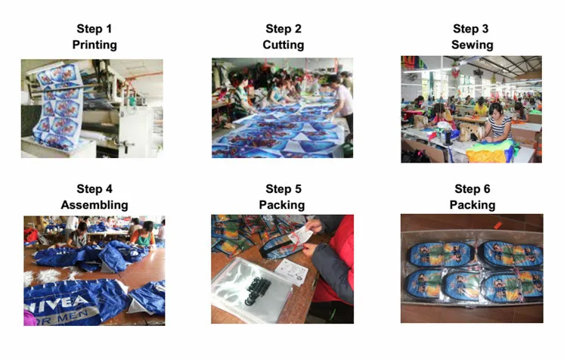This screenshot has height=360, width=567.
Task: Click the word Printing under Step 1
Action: [x=94, y=45]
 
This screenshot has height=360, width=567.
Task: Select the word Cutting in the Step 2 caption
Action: [x=283, y=45]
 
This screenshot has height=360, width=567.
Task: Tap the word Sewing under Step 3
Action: [x=472, y=45]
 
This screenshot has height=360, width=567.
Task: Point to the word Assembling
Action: [x=94, y=205]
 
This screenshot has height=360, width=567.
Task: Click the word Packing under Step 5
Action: [x=282, y=205]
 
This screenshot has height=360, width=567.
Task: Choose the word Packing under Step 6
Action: [x=472, y=205]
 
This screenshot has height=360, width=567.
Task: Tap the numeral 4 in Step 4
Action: [x=109, y=189]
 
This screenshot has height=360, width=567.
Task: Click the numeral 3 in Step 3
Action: [x=485, y=29]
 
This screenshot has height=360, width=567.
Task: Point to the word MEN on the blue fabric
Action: [x=73, y=317]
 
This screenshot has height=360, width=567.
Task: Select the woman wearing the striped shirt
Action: [x=498, y=124]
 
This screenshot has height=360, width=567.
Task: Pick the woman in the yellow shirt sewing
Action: [x=481, y=107]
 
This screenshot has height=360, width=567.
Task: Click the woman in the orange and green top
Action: [x=144, y=234]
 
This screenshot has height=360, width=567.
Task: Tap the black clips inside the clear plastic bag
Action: [x=258, y=290]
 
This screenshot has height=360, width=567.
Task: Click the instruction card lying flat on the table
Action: [x=292, y=272]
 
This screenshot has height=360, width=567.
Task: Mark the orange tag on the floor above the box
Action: [x=498, y=225]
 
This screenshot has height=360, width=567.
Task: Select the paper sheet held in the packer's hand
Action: [x=301, y=236]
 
